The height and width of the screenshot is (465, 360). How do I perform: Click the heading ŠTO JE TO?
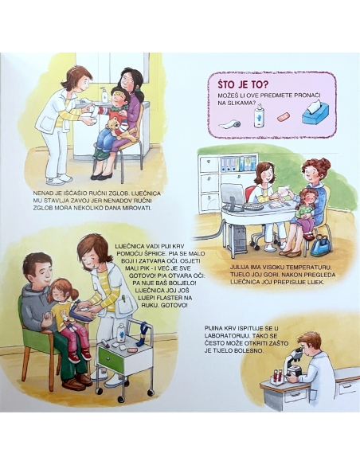(243, 84)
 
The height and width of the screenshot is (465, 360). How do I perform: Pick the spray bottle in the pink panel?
(259, 115)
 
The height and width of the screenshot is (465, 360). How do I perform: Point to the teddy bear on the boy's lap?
(119, 128)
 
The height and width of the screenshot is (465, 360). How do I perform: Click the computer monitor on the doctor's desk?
(232, 196)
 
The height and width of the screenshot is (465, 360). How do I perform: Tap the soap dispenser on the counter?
(104, 94)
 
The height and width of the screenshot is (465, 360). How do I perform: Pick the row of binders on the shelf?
(238, 164)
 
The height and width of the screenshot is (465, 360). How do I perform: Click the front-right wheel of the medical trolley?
(151, 393)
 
